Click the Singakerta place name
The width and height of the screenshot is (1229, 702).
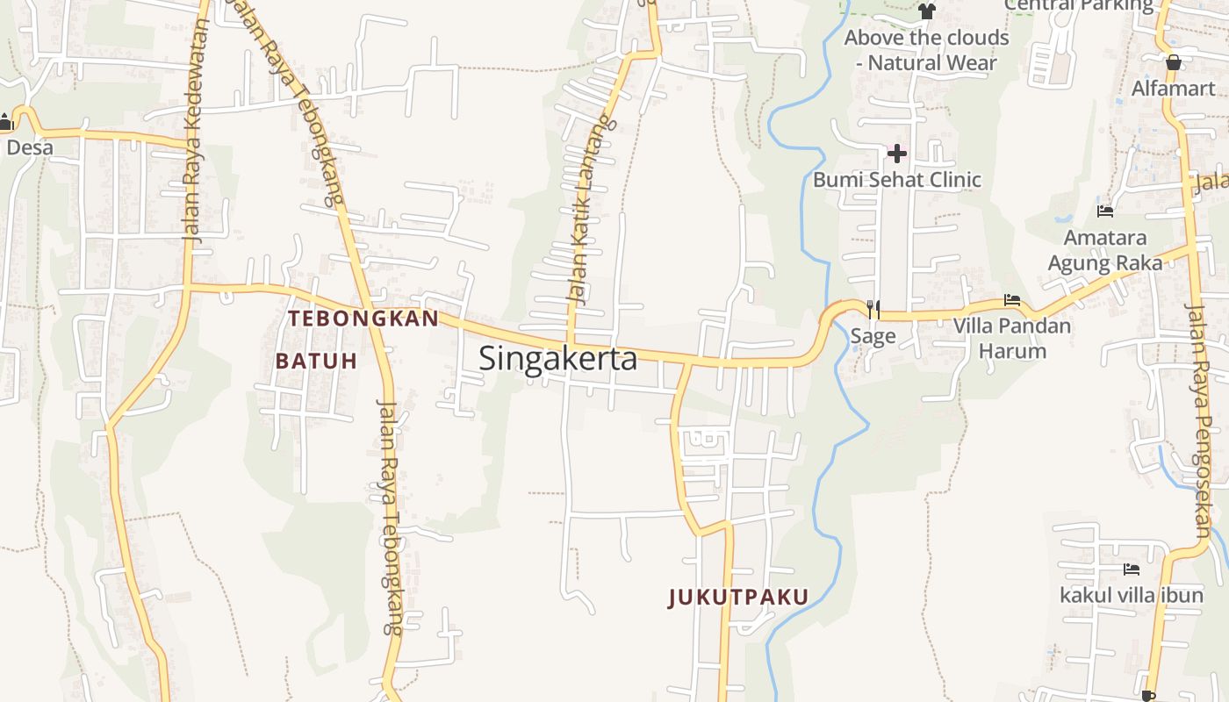click(558, 359)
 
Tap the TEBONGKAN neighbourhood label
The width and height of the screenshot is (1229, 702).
click(363, 319)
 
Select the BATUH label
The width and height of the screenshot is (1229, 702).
click(317, 361)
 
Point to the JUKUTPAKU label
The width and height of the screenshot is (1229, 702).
click(738, 598)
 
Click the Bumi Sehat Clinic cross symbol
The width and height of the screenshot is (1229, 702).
click(896, 154)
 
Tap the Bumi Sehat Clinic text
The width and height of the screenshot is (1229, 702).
click(896, 180)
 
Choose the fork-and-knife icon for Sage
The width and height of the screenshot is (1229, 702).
click(873, 309)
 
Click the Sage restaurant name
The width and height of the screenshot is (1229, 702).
click(873, 336)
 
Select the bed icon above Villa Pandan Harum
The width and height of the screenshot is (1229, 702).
click(1012, 300)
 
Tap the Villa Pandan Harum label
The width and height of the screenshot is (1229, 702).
click(1012, 338)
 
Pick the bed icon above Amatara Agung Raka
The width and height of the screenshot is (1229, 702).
click(1105, 211)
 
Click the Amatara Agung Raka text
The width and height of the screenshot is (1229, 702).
click(1105, 250)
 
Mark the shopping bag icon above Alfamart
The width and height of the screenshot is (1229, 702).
click(1173, 62)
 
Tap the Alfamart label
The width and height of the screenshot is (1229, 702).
click(1173, 89)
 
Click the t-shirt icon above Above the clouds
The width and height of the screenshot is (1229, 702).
click(927, 11)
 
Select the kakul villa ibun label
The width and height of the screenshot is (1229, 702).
click(1132, 596)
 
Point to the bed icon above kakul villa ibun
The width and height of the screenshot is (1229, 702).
click(1132, 569)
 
